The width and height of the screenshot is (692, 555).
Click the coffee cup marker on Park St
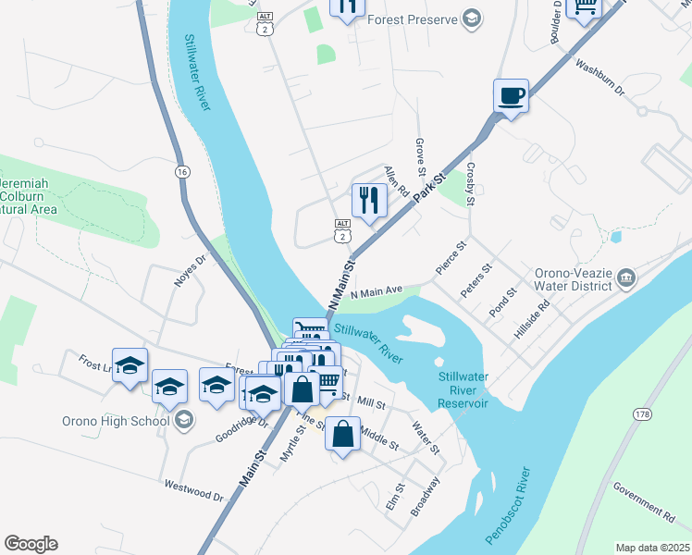tap(512, 96)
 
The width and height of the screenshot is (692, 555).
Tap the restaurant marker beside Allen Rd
tap(369, 200)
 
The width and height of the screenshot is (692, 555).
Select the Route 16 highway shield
tap(182, 171)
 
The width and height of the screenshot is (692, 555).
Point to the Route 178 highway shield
tap(642, 414)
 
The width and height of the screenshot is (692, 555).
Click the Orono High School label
tap(116, 421)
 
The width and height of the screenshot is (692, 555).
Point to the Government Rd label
tap(644, 500)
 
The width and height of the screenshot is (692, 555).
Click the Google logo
tap(31, 544)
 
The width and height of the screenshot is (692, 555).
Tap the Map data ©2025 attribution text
tap(651, 548)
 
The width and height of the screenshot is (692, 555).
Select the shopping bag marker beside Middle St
tap(342, 433)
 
